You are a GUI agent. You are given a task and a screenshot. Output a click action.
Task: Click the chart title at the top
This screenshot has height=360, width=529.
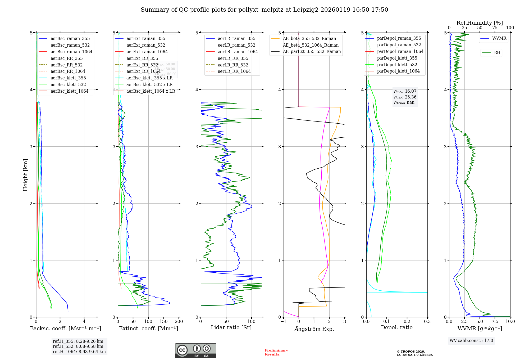click(x=264, y=10)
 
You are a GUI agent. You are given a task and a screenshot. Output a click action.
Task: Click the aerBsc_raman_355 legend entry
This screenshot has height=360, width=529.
click(x=70, y=39)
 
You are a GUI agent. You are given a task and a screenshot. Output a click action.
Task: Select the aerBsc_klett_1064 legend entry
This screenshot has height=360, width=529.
click(x=69, y=91)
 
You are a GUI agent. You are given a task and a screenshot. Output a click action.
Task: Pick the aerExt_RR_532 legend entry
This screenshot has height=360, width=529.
click(x=142, y=65)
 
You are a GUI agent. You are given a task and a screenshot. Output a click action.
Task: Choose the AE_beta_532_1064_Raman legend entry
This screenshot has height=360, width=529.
click(x=311, y=45)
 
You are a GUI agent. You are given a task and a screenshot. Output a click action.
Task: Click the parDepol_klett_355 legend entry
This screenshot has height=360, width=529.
click(x=397, y=58)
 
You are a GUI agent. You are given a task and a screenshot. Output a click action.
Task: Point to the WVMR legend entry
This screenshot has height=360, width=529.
click(x=499, y=38)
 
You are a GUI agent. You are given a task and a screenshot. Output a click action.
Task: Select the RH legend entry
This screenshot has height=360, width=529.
click(x=497, y=53)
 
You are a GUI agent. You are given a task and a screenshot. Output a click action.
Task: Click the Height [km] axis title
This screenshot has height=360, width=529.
click(x=25, y=175)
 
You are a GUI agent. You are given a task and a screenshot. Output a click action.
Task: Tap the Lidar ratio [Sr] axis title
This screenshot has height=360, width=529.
click(x=231, y=328)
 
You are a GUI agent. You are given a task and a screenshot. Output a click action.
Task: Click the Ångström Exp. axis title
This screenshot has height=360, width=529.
click(x=314, y=329)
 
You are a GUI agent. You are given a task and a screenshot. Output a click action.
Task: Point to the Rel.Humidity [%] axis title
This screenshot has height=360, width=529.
click(x=480, y=23)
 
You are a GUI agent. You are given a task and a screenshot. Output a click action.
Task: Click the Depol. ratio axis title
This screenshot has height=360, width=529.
click(x=396, y=328)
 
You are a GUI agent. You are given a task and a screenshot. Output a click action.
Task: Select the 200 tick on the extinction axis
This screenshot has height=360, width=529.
click(x=179, y=322)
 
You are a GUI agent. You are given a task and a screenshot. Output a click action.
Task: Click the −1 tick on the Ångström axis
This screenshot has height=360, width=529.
click(x=283, y=322)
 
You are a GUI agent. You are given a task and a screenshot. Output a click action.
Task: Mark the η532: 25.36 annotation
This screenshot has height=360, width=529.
click(x=405, y=97)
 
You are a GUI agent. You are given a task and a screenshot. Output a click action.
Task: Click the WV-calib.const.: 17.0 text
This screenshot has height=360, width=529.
click(x=471, y=341)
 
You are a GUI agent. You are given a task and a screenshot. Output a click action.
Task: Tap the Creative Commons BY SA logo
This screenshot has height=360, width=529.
click(x=195, y=351)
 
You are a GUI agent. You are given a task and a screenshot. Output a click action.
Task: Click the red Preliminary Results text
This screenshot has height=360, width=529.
click(x=276, y=352)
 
